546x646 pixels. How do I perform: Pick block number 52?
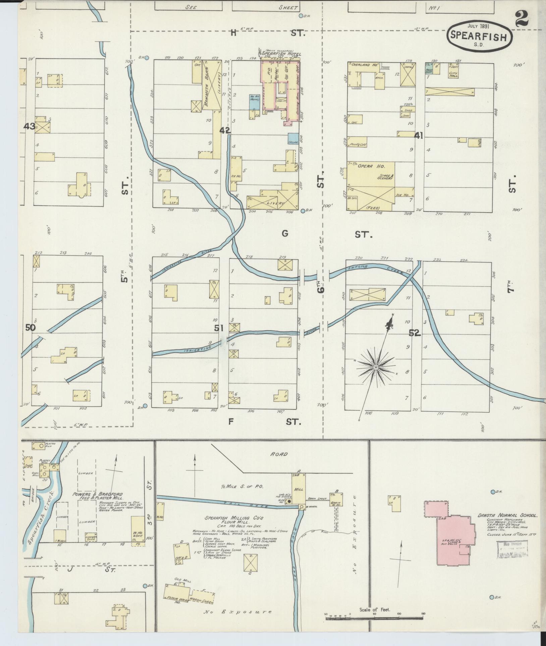[x=414, y=333]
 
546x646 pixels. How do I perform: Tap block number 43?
[x=30, y=126]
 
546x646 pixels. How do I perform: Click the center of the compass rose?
[x=376, y=368]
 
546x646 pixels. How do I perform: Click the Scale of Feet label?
[x=374, y=609]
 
